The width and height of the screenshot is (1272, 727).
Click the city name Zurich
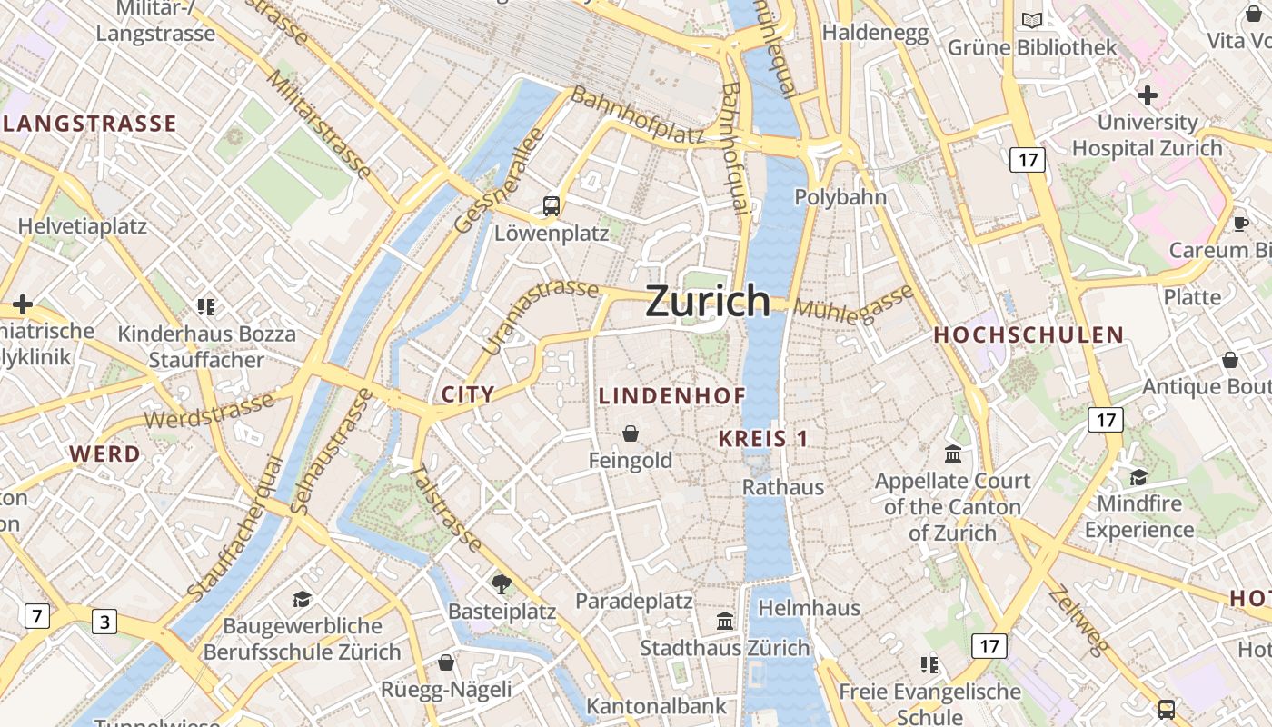coord(708,301)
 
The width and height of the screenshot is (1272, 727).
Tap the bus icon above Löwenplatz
coord(552,206)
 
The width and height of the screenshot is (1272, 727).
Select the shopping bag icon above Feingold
coord(631,433)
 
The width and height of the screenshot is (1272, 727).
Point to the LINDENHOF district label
coord(671,396)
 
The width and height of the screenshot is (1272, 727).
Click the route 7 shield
coord(35,616)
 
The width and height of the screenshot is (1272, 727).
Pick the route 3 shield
coord(104,622)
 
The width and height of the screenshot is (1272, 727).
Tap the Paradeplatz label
coord(633,601)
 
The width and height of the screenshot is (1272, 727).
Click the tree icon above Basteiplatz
coord(501,583)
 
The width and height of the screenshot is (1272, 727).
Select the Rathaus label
coord(783,487)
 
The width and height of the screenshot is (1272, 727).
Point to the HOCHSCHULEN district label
coord(1029,334)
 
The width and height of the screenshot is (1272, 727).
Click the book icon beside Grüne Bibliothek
coord(1032,20)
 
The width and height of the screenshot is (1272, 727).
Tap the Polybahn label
coord(840,197)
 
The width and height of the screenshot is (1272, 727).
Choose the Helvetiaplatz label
coord(83,226)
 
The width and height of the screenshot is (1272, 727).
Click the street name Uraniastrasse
coord(540,315)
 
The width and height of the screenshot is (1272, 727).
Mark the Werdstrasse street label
coord(209,412)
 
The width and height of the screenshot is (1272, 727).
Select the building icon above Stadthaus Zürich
coord(725,622)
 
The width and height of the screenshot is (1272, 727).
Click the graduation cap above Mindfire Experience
coord(1138,477)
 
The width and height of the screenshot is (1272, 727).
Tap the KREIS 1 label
coord(763,438)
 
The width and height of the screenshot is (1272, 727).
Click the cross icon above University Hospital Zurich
coord(1148,95)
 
